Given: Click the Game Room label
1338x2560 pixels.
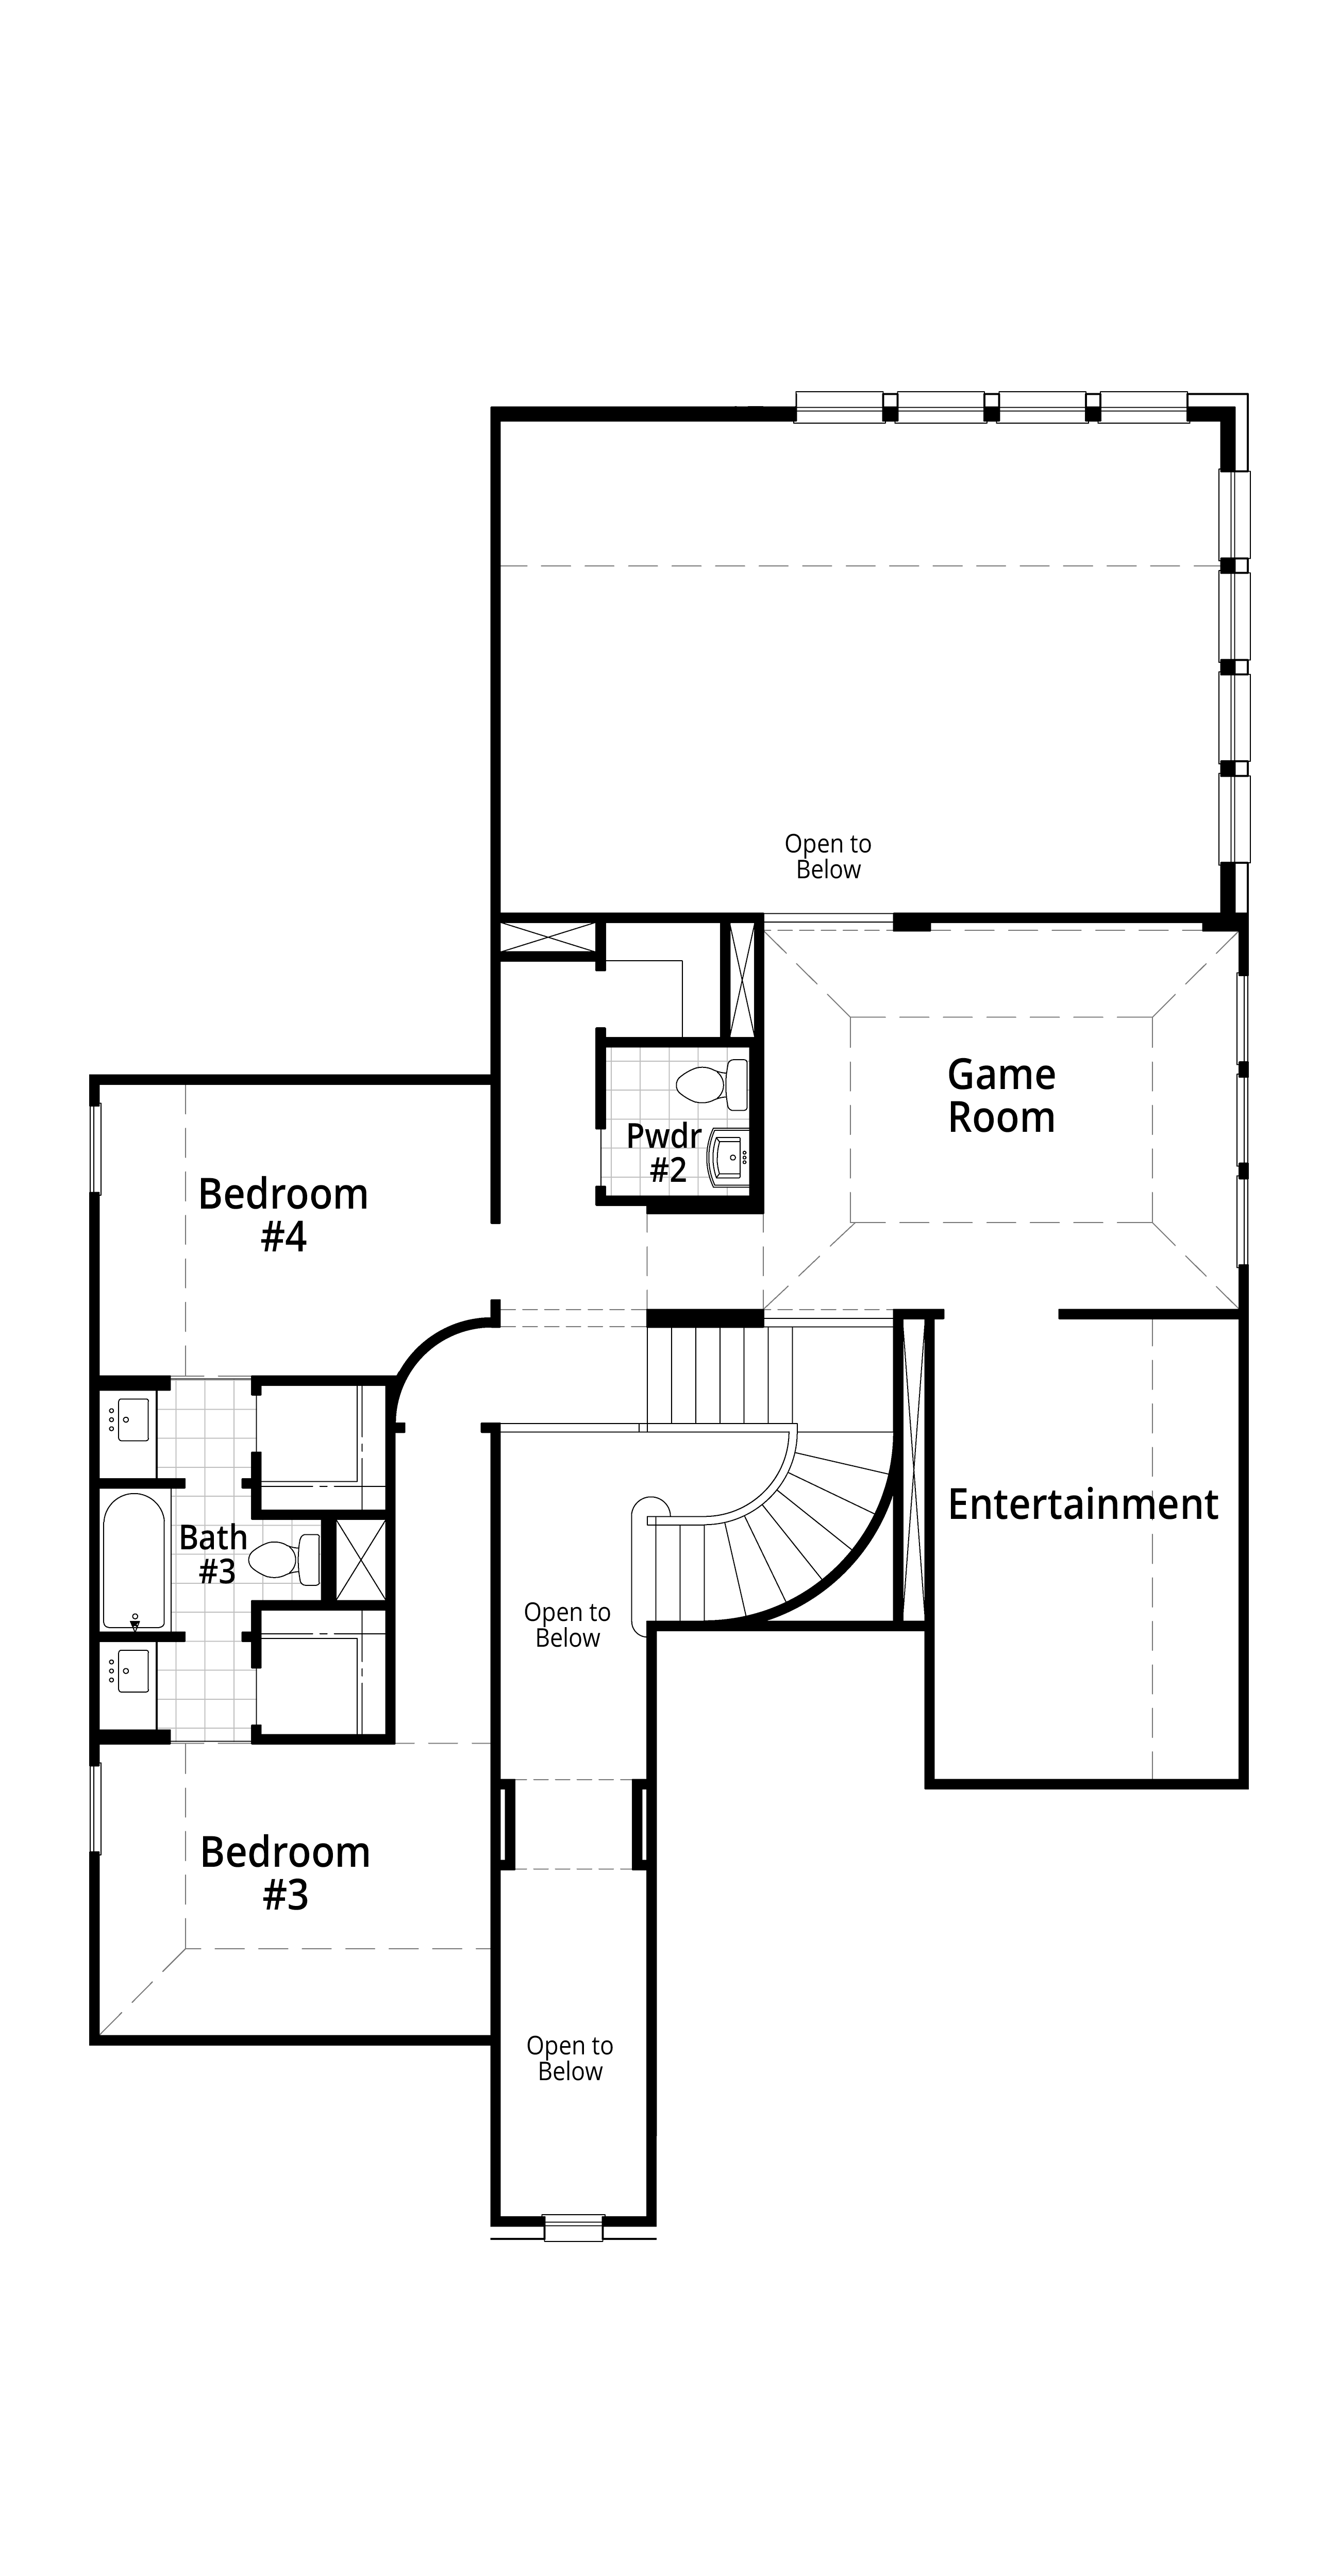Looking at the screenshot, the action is point(1001,1096).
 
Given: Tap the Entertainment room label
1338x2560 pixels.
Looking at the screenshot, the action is point(1082,1503).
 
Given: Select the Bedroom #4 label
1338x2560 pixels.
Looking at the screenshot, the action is point(283,1214).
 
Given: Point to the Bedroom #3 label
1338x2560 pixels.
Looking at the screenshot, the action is point(286,1873).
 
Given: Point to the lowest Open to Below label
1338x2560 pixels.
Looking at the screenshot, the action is point(570,2058).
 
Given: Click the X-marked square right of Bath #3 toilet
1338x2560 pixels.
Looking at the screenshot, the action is point(360,1559).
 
